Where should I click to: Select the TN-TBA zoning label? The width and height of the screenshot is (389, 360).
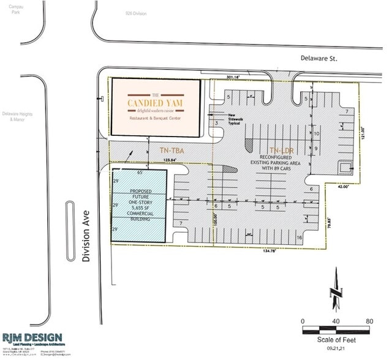[173, 150]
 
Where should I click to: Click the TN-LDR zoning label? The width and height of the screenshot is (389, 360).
[281, 150]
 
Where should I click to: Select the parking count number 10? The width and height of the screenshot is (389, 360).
[316, 133]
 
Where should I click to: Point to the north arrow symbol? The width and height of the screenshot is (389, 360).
[335, 290]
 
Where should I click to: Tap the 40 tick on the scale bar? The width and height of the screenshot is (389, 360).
[336, 321]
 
